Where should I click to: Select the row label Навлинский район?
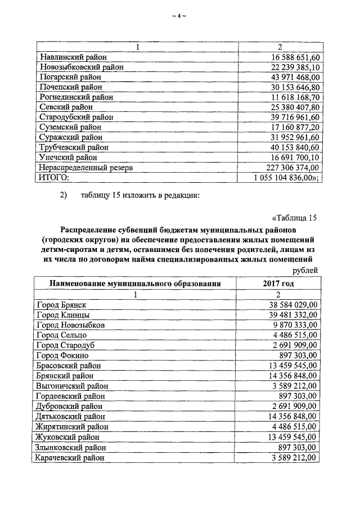[73, 57]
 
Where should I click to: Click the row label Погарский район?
[70, 77]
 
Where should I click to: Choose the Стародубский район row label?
[76, 117]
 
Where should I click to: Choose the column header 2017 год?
[278, 283]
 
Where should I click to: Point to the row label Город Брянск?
[61, 304]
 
